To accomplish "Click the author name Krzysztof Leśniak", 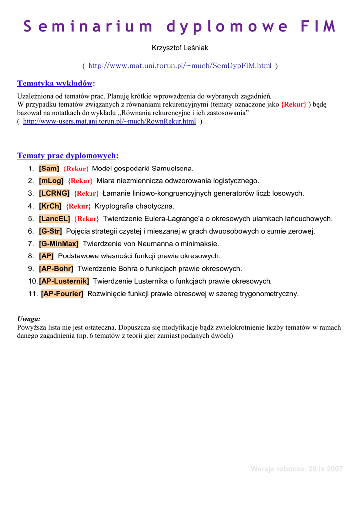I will coord(180,48).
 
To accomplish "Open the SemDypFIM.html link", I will coord(180,66).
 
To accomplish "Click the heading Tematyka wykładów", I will coord(56,83).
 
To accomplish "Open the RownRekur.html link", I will coord(109,122).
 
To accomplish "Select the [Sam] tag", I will coord(49,169).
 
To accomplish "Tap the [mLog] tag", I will coord(51,181).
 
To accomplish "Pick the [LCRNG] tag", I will coord(54,193).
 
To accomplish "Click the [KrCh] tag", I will coord(50,206).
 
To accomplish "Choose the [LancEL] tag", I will coord(54,218).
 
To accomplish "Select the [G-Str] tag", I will coord(50,231).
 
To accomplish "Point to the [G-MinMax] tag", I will coord(59,244).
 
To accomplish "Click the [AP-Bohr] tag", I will coord(56,269).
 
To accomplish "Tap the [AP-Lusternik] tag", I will coord(64,281).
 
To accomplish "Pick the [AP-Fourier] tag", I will coord(62,294).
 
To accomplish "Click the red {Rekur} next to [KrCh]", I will coord(78,206).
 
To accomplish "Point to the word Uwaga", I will coord(29,319).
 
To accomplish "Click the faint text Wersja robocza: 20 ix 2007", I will coord(296,469).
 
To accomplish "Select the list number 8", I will coord(31,256).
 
